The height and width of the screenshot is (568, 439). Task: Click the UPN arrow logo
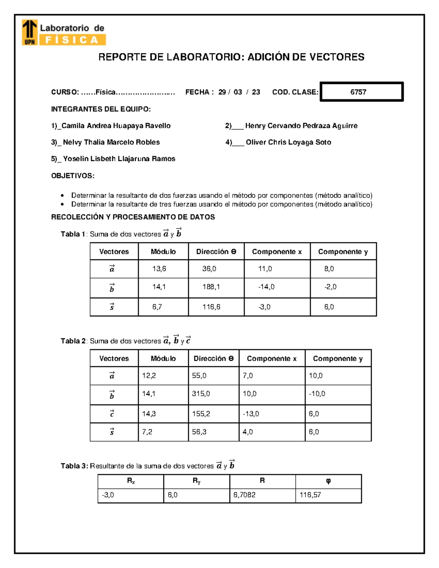tap(30, 32)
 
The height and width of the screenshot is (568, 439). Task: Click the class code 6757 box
tap(361, 92)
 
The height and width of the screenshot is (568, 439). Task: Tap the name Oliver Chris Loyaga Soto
tap(288, 142)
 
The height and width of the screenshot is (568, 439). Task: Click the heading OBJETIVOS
tap(72, 176)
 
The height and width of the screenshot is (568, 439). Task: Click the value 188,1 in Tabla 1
tap(211, 287)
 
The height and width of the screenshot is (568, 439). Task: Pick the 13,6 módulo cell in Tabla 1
tap(159, 269)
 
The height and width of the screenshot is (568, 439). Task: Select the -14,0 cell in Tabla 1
tap(266, 287)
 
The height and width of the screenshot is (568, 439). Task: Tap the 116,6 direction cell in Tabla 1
tap(211, 307)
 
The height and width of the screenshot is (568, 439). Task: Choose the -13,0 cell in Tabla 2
tap(251, 414)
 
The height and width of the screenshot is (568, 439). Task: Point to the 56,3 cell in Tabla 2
tap(199, 432)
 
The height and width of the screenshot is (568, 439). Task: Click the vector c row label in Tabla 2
tap(112, 414)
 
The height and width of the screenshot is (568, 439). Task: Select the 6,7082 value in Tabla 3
tap(244, 495)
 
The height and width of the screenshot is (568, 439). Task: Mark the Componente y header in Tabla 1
tap(343, 252)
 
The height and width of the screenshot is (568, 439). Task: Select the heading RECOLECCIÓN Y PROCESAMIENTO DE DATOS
tap(133, 217)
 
